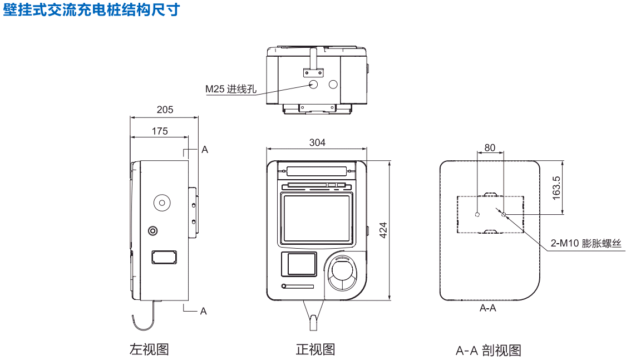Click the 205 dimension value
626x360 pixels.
165,110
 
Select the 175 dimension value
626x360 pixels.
159,131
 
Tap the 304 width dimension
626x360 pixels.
317,142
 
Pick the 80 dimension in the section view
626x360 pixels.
490,147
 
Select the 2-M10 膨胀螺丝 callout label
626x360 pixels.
585,243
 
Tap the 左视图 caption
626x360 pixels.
149,349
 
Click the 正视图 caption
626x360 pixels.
316,349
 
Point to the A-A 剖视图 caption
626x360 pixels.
488,351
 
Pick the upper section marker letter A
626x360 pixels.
204,150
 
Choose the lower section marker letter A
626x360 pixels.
203,311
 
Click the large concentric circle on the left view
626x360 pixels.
162,203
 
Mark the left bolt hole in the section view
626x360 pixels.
477,214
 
